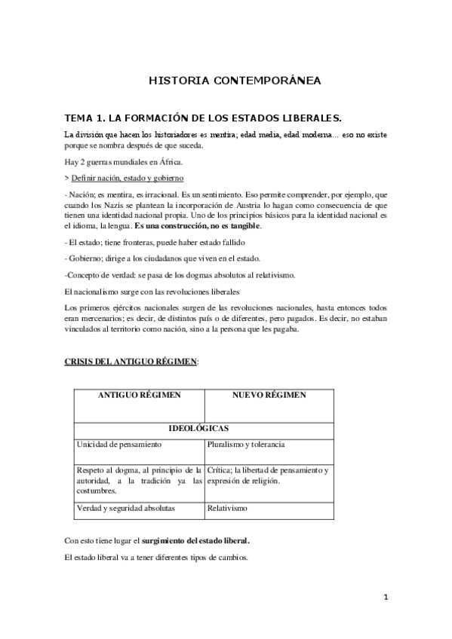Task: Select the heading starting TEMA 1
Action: point(204,118)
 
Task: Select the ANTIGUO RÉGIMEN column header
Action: point(139,394)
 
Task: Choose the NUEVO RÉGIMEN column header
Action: point(269,394)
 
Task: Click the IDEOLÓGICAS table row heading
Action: point(204,428)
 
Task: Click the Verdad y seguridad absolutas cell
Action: point(125,508)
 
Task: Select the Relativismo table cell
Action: point(227,508)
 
